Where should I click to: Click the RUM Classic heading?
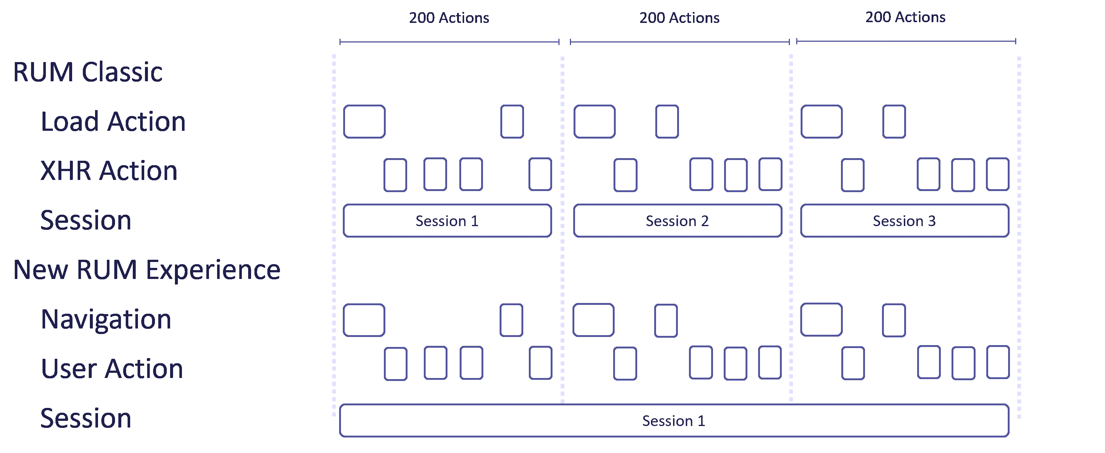(x=88, y=72)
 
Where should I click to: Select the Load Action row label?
(x=113, y=122)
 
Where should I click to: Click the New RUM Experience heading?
(x=147, y=270)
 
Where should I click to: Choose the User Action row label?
(x=112, y=369)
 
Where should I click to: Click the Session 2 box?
(x=677, y=221)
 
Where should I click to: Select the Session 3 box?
(x=904, y=221)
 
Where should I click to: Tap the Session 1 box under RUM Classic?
(x=447, y=221)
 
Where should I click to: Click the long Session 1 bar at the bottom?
(x=673, y=421)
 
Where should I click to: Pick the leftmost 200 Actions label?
(x=449, y=18)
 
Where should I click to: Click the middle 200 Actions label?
(x=679, y=18)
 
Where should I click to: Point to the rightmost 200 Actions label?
(x=905, y=17)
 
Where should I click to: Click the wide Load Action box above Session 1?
(x=364, y=122)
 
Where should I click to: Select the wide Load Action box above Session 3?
(x=821, y=122)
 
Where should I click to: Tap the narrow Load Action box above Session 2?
(x=667, y=122)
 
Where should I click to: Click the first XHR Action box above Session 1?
(x=395, y=175)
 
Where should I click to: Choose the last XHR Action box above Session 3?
(x=997, y=174)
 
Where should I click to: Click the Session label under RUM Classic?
(x=85, y=221)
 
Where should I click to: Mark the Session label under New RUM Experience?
(x=85, y=419)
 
